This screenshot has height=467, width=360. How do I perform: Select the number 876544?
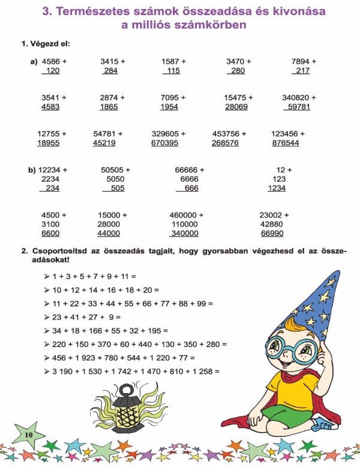[285, 143]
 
